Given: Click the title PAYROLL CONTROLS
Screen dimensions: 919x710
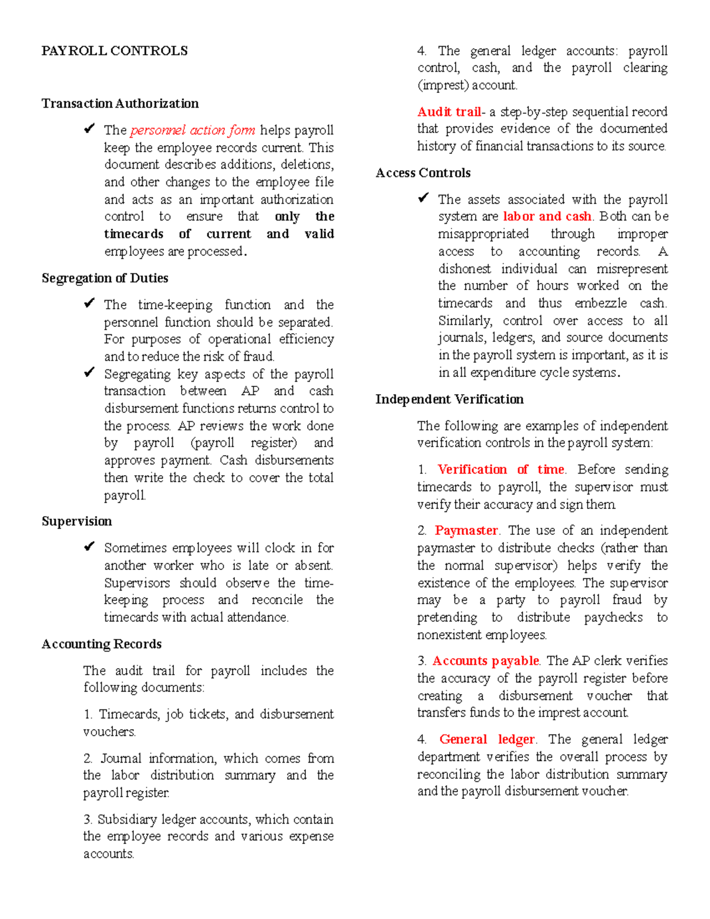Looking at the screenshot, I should pyautogui.click(x=114, y=51).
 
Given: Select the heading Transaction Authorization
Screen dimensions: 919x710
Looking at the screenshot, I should pyautogui.click(x=120, y=104).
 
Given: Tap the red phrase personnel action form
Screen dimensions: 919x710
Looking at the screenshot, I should pyautogui.click(x=193, y=130).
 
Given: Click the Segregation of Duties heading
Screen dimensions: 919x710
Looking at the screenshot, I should pyautogui.click(x=105, y=278).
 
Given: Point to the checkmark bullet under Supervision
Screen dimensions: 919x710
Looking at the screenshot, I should pyautogui.click(x=89, y=547).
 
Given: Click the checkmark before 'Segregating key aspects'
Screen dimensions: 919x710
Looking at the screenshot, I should pyautogui.click(x=89, y=373).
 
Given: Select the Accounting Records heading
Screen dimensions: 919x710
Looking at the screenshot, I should pyautogui.click(x=101, y=644).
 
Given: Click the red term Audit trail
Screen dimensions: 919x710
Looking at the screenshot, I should pyautogui.click(x=449, y=112).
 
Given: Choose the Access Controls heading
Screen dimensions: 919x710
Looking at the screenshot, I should pyautogui.click(x=423, y=173).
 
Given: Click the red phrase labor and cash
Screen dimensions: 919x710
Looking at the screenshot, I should pyautogui.click(x=547, y=217).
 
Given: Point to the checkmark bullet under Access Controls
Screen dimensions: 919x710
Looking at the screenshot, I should pyautogui.click(x=423, y=198).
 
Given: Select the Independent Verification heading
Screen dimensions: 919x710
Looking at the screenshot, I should pyautogui.click(x=449, y=399).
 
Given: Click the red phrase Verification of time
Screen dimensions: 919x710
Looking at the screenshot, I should pyautogui.click(x=501, y=470).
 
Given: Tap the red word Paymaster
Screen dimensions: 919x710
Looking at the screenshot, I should pyautogui.click(x=466, y=531).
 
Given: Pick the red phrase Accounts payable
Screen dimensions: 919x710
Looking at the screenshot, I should pyautogui.click(x=485, y=661).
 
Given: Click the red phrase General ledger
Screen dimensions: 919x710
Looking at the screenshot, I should pyautogui.click(x=487, y=740).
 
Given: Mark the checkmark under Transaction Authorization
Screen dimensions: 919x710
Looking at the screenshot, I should pyautogui.click(x=89, y=129).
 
